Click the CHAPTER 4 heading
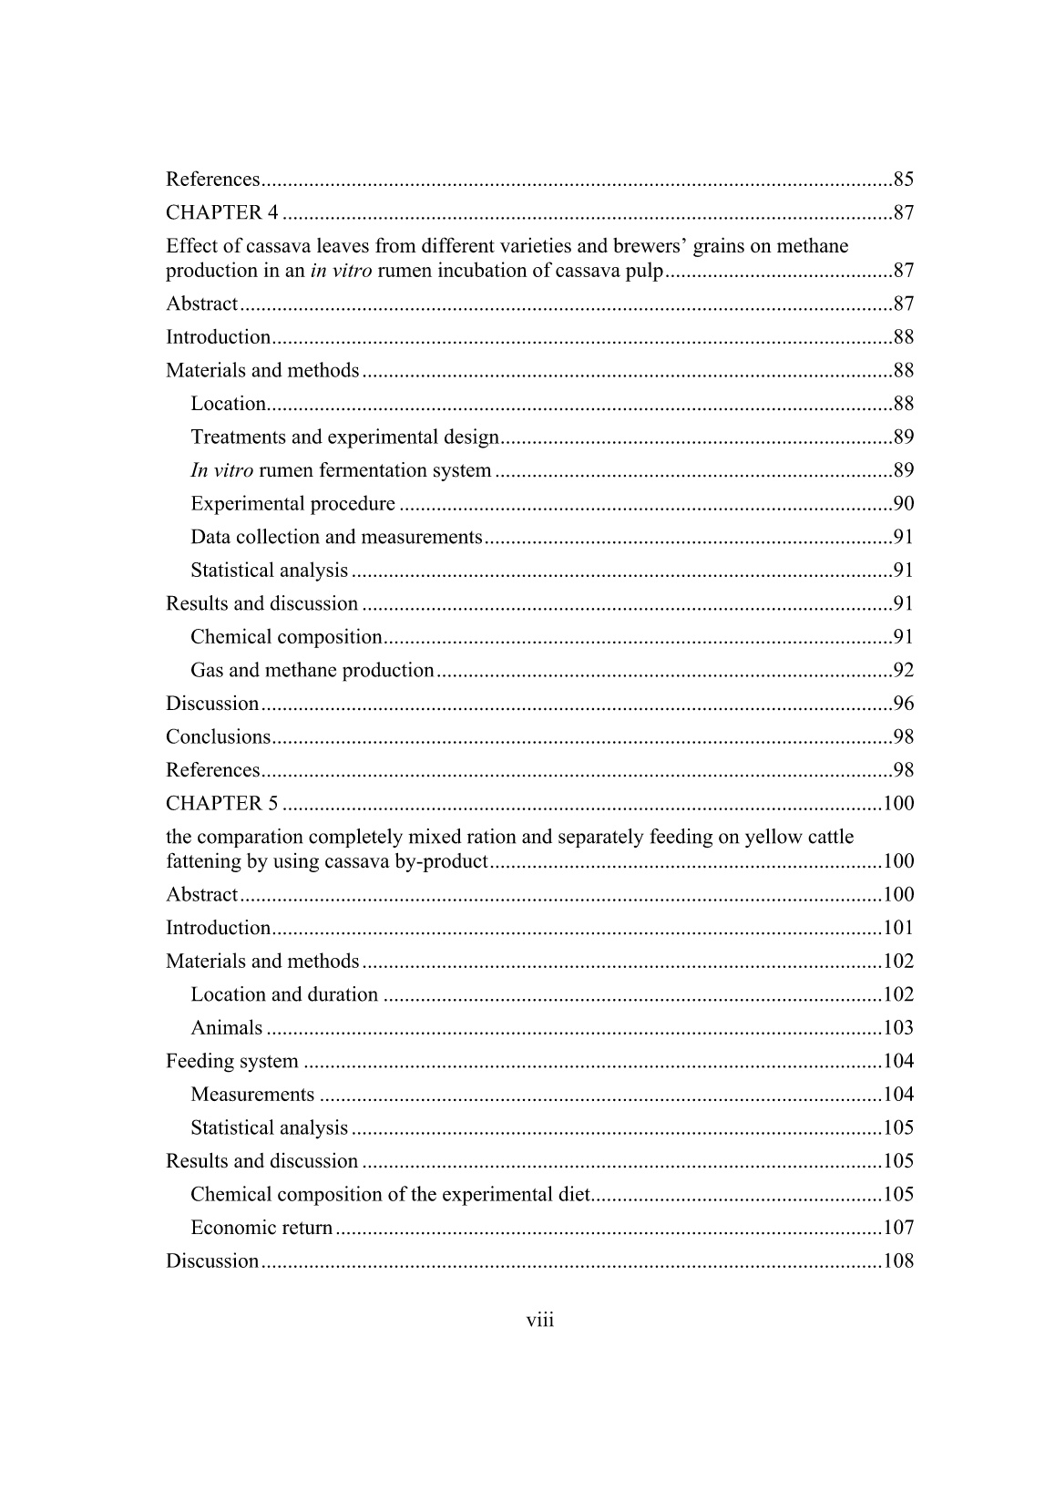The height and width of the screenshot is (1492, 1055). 221,213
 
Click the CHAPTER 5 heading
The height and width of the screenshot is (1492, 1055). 221,804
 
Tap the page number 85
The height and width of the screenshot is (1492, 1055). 903,180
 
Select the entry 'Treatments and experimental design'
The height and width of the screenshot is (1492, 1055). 344,437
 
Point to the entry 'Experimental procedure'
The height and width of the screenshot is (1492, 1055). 292,504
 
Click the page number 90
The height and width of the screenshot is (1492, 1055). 903,504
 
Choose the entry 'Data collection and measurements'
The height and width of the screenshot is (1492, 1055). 336,538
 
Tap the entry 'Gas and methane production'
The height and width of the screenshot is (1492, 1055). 312,671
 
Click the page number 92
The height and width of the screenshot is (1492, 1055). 903,671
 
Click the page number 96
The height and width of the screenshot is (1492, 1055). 903,704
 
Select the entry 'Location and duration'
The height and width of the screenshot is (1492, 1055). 284,994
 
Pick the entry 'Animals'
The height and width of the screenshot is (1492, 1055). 226,1028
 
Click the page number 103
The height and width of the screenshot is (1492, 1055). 898,1028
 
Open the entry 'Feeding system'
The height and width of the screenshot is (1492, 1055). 231,1062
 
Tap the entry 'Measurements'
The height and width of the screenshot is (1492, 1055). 252,1095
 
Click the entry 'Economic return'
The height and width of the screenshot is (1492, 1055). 261,1228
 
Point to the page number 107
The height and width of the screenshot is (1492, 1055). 898,1228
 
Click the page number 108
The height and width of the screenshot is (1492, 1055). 898,1261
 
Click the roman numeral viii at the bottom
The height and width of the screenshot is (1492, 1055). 540,1320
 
